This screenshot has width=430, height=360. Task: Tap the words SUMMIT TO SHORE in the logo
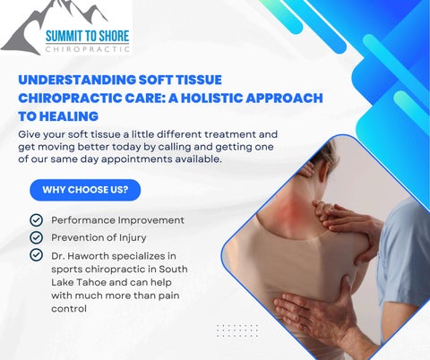click(87, 36)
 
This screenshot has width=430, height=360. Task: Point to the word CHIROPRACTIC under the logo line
click(88, 49)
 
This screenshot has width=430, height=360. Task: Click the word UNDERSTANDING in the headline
click(77, 80)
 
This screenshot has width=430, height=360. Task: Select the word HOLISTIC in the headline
click(211, 99)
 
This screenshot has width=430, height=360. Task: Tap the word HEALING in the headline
click(69, 116)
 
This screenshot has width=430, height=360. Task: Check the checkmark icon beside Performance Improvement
click(37, 220)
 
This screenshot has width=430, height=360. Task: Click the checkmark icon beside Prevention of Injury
click(37, 237)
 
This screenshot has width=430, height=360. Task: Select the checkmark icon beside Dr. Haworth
click(37, 255)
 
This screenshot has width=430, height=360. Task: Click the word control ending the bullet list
click(69, 308)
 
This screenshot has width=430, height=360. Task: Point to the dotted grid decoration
click(237, 330)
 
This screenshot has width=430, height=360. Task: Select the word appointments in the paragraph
click(137, 159)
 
